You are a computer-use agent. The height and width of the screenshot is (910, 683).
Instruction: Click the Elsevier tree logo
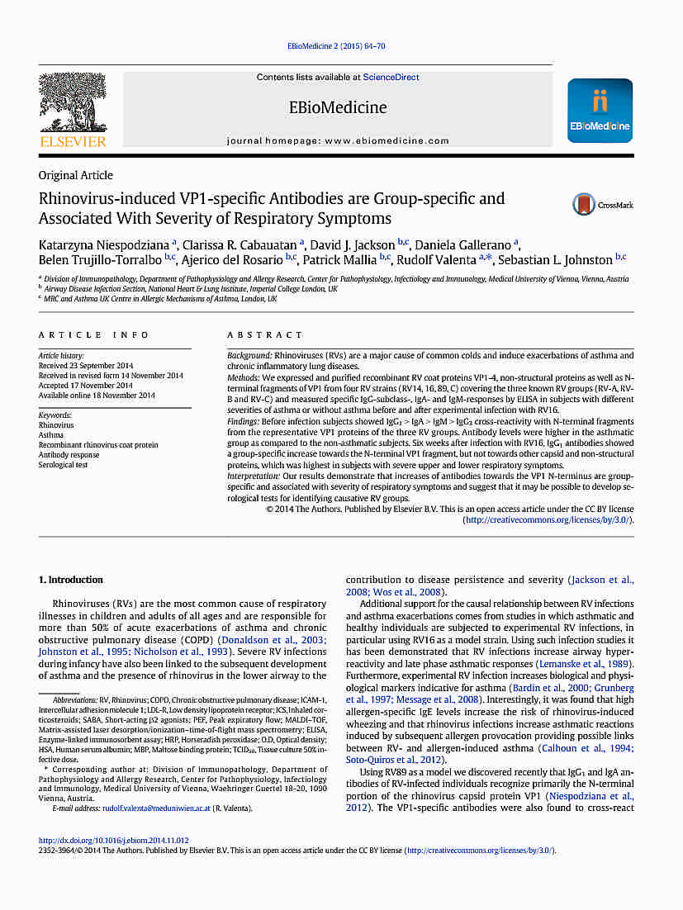[73, 103]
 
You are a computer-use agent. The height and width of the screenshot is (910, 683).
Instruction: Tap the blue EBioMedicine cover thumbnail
[600, 111]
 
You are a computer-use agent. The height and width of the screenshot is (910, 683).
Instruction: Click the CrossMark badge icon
[585, 205]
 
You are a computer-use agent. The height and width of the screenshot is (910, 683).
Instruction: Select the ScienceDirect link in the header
[391, 77]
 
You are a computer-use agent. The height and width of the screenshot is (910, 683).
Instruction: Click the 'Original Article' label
[76, 175]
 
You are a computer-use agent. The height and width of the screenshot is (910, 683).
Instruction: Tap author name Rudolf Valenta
[434, 260]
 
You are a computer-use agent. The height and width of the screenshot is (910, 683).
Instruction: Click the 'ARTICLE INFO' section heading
[94, 335]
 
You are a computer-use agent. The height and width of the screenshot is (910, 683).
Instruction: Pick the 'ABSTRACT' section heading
[265, 335]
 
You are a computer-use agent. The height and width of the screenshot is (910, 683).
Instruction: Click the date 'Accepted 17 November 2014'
[86, 386]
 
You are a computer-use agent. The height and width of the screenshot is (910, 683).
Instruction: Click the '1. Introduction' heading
[71, 580]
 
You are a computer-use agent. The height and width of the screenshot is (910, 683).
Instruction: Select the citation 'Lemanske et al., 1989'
[585, 663]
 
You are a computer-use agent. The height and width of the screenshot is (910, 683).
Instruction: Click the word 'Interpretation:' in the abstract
[254, 476]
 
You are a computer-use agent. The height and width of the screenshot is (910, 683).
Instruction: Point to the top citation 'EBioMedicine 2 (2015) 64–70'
[336, 45]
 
